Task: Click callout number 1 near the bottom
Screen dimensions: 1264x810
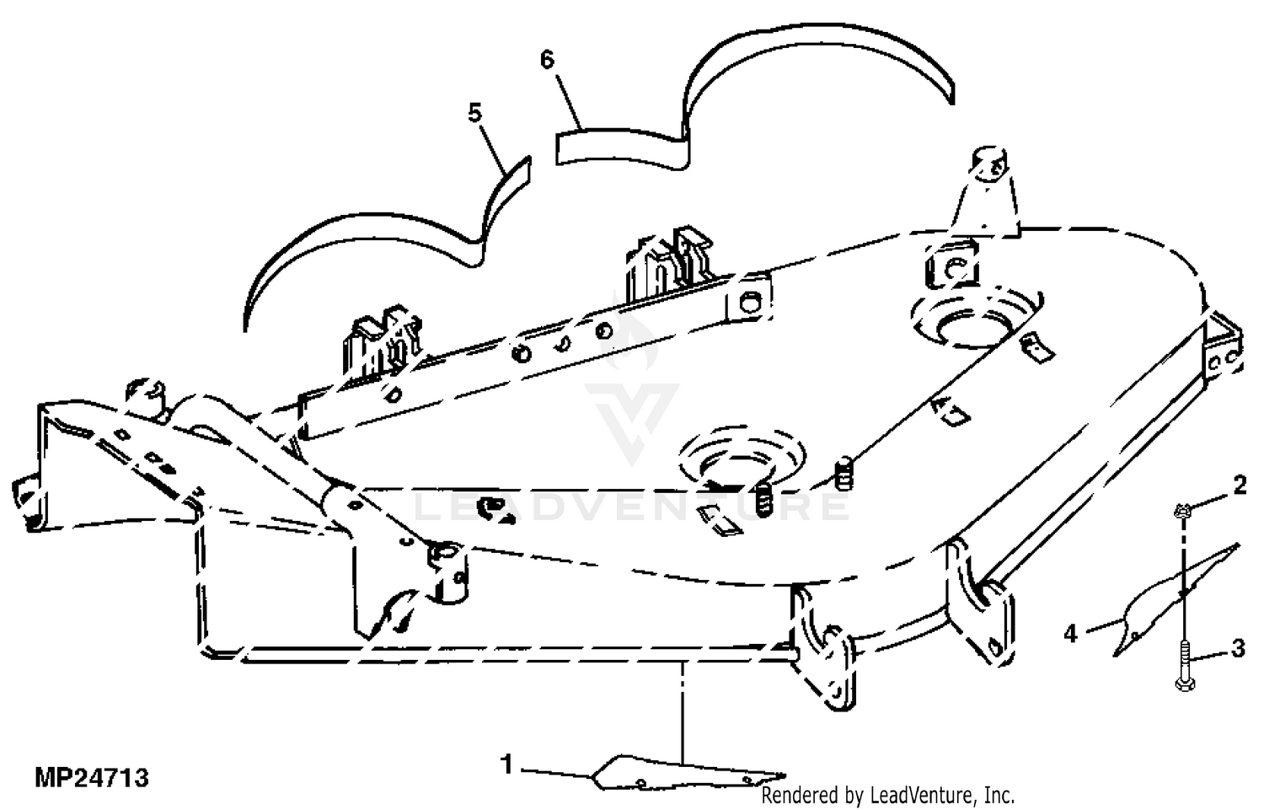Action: [506, 764]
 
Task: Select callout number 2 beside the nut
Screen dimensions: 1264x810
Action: [1240, 486]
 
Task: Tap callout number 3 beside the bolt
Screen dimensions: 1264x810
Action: [1238, 648]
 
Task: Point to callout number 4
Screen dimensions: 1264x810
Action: [1070, 633]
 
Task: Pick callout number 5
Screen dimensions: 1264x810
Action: [475, 113]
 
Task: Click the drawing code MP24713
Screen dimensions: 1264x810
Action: [92, 778]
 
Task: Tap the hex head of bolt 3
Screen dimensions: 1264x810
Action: [1185, 684]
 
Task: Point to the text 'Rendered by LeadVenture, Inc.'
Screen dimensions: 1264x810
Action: [887, 796]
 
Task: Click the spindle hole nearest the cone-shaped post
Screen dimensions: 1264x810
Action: [976, 321]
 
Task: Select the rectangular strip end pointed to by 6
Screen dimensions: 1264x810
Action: [621, 148]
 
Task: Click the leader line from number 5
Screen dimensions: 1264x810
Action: [493, 148]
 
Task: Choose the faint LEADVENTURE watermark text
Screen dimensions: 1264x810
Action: [631, 507]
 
